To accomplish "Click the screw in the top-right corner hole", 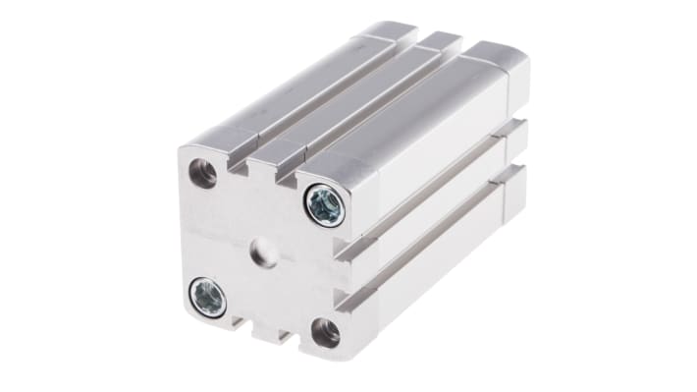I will click(x=324, y=204).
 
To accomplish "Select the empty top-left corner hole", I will click(x=203, y=174).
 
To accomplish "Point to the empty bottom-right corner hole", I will click(x=325, y=331).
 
